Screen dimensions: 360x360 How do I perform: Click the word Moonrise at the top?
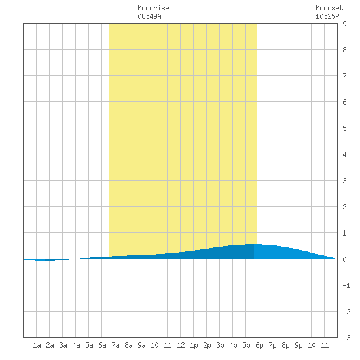tap(153, 8)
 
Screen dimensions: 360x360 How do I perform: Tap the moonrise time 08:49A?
tap(149, 16)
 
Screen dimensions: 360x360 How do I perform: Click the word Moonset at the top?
tap(329, 8)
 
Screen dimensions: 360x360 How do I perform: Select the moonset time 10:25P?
tap(327, 16)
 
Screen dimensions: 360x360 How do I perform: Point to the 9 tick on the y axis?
tap(344, 24)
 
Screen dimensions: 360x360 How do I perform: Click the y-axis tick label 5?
tap(344, 128)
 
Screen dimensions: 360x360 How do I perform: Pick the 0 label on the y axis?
tap(344, 259)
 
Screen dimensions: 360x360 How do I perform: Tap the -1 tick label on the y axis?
tap(346, 285)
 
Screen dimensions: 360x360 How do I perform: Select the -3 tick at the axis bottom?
tap(346, 338)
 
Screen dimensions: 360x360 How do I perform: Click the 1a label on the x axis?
tap(37, 345)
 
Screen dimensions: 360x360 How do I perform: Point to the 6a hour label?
tap(102, 345)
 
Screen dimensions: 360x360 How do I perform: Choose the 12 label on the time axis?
tap(181, 345)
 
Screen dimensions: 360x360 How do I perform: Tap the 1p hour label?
tap(194, 345)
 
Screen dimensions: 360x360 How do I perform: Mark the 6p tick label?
tap(259, 345)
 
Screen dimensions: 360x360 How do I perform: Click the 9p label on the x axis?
tap(298, 345)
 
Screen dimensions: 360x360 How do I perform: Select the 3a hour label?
tap(63, 345)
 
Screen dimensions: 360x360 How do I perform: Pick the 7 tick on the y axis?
tap(344, 76)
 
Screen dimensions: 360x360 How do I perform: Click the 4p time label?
tap(233, 345)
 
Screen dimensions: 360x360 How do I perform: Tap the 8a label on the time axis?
tap(128, 345)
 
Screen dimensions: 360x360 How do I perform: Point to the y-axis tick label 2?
tap(344, 207)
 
